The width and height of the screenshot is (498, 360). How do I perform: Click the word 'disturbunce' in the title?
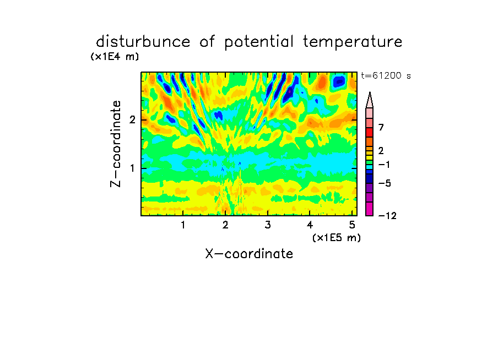click(x=143, y=42)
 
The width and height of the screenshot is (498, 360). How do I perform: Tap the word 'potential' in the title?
click(x=259, y=42)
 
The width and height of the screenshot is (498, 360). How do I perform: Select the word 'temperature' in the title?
click(x=353, y=42)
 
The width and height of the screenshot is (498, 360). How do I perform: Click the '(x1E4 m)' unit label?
click(x=115, y=57)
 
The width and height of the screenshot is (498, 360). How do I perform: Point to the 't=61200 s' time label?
click(x=386, y=75)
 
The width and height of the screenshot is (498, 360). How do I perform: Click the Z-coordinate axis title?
click(x=116, y=144)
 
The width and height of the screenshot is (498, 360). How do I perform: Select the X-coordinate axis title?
click(x=249, y=254)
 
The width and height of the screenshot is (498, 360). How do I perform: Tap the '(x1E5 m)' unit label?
click(x=337, y=238)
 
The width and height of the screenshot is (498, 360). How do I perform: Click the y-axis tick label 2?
click(x=132, y=120)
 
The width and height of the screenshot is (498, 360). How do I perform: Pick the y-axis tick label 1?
click(x=132, y=168)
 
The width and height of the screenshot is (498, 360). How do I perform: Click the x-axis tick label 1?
click(x=183, y=225)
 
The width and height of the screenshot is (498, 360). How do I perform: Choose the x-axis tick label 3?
click(x=268, y=225)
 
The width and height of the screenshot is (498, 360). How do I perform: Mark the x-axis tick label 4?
click(x=310, y=225)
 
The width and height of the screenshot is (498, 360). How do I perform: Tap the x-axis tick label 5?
click(x=352, y=225)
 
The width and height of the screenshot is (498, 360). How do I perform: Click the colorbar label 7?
click(x=381, y=127)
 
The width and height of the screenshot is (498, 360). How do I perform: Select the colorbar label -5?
click(x=385, y=183)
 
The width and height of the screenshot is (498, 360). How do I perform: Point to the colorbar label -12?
click(x=387, y=216)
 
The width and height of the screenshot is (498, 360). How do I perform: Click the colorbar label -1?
click(x=384, y=165)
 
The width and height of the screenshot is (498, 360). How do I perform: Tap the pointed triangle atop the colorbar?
click(x=370, y=100)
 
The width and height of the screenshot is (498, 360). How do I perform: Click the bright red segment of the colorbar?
click(x=370, y=132)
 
